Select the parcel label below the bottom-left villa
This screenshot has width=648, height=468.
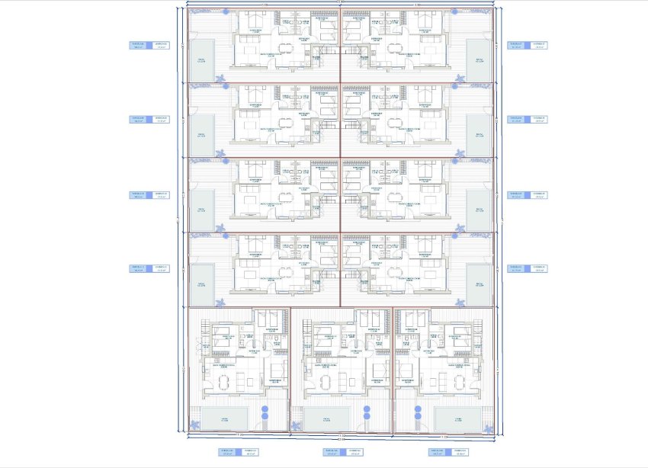(x=239, y=452)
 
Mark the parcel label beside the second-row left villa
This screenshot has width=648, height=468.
(x=149, y=120)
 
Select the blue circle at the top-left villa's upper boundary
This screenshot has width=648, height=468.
(x=226, y=11)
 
